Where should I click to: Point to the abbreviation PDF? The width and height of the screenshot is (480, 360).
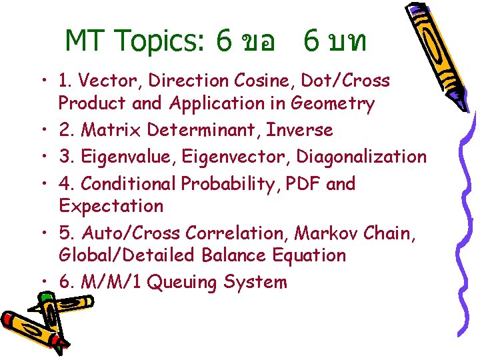point(301,183)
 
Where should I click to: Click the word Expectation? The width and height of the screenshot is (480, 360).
point(111,206)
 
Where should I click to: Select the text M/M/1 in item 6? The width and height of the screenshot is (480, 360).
point(109,283)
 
